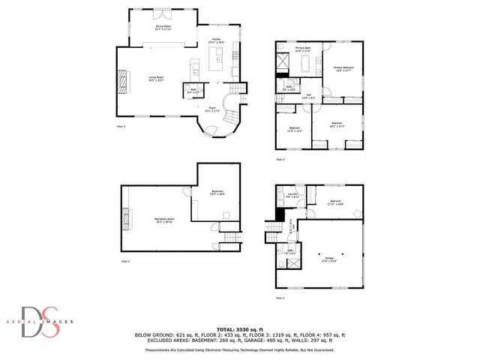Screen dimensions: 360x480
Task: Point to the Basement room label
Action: click(x=217, y=193)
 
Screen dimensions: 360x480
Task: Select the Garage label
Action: click(x=328, y=261)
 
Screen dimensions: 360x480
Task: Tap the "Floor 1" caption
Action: click(x=125, y=261)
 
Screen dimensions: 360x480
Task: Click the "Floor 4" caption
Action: click(x=280, y=160)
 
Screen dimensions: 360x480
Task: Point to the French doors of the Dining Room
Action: click(x=163, y=13)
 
